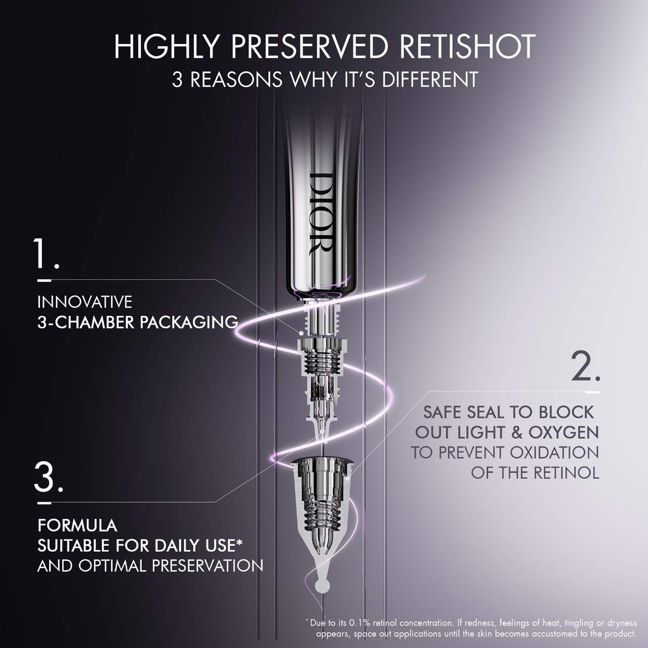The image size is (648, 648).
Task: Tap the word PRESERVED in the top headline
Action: tap(309, 47)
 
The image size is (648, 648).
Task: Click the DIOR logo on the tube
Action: tap(320, 213)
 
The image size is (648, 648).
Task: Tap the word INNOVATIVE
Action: tap(85, 302)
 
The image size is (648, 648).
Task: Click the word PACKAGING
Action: tap(189, 322)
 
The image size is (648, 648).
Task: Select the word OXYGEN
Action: tap(563, 432)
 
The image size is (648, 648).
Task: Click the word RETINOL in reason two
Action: tap(566, 473)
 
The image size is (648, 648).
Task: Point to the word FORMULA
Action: tap(77, 525)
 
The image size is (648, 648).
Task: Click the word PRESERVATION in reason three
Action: tap(208, 565)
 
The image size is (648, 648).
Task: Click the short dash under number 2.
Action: tap(592, 392)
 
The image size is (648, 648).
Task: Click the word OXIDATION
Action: tap(554, 453)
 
